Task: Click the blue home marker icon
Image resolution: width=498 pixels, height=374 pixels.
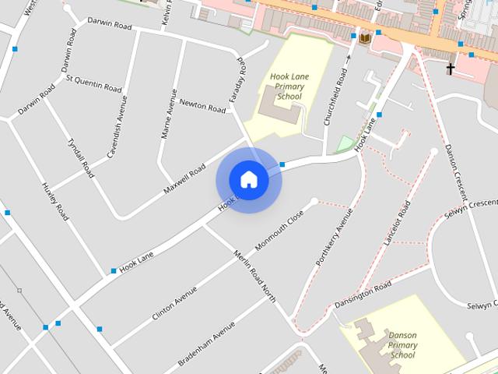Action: (248, 179)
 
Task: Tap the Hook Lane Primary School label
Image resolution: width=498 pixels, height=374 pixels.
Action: (289, 86)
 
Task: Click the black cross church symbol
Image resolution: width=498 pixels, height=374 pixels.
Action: (450, 69)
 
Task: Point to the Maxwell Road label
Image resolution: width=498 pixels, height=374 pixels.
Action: (184, 180)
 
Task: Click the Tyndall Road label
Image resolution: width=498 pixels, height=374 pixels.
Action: (79, 154)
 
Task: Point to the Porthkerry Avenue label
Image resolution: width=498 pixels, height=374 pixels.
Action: (329, 238)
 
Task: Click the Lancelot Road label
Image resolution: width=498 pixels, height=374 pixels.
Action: (396, 224)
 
